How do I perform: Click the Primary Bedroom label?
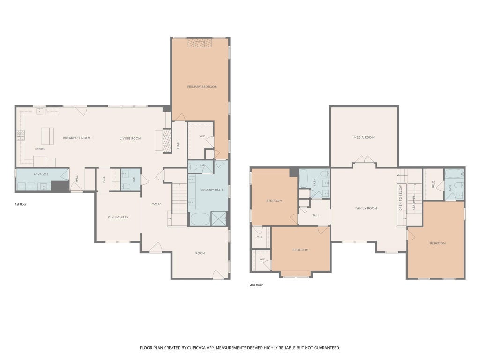coord(202,87)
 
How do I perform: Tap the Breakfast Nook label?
coord(77,138)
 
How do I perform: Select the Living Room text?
coord(130,138)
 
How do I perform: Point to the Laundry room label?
coord(41,174)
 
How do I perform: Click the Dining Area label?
coord(118,217)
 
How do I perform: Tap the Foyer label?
coord(157,203)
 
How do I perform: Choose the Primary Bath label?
coord(211,190)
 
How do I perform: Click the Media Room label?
coord(364,137)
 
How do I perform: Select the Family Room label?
coord(366,208)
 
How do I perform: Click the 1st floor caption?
coord(21,204)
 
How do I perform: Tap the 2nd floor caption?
coord(256,285)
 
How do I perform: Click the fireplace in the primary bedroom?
coord(200,43)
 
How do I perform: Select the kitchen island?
coord(48,136)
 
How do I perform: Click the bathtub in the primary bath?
coord(200,219)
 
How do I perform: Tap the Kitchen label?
coord(40,149)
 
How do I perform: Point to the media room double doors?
coord(364,159)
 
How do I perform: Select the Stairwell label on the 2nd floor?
coord(414,202)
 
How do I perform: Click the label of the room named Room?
coord(201,253)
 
